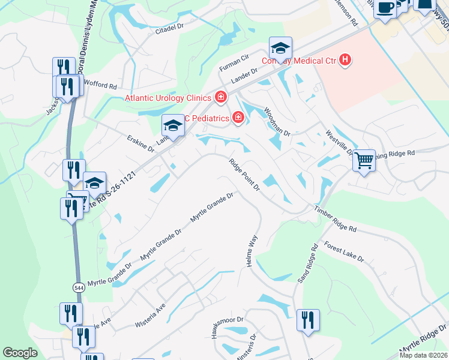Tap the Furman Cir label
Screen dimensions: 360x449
tap(237, 59)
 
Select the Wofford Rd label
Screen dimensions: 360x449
tap(101, 85)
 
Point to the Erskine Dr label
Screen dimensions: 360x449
tap(140, 143)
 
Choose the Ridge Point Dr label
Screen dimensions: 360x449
tap(243, 175)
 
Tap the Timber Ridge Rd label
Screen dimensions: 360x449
tap(335, 219)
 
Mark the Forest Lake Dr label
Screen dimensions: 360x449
tap(344, 251)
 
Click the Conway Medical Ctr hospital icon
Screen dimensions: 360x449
tap(345, 59)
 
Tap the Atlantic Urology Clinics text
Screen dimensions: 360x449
tap(167, 98)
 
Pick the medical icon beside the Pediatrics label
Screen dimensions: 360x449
tap(238, 118)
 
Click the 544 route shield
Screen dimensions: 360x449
tap(79, 287)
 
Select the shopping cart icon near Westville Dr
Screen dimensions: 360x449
tap(364, 160)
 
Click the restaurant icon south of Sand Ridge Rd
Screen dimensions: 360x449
tap(308, 319)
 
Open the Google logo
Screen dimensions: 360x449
tap(20, 353)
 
